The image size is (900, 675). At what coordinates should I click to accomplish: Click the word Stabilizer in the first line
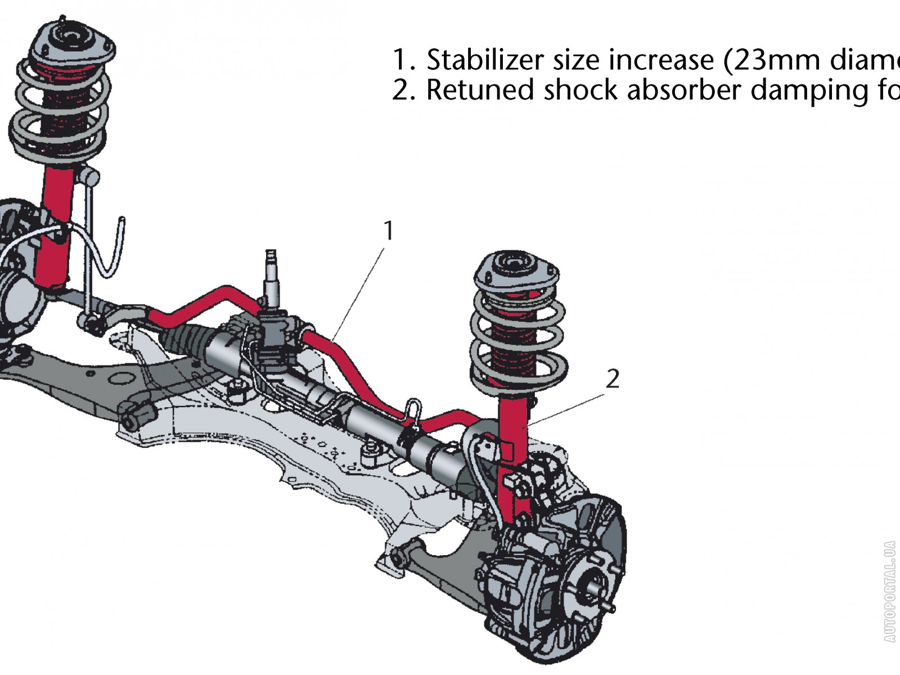pos(484,60)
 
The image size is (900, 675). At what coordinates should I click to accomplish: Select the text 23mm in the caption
pos(776,60)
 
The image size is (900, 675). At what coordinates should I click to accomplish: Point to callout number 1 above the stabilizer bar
pos(388,231)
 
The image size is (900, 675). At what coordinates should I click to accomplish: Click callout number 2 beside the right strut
pos(613,379)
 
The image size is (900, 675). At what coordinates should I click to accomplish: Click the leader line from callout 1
pos(360,292)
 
